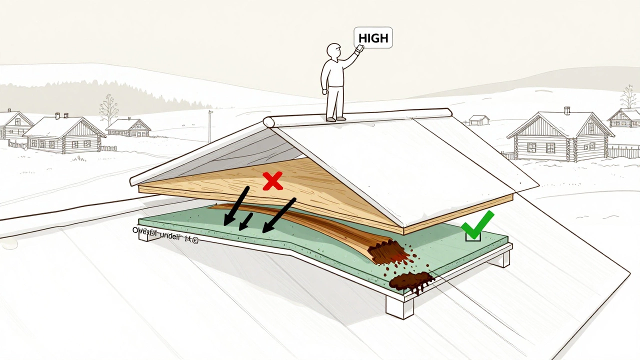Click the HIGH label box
point(373,38)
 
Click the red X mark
point(272,181)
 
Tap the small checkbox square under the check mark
point(473,235)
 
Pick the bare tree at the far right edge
point(628,97)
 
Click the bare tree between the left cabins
point(108,110)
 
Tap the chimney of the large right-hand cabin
point(567,110)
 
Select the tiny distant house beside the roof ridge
point(479,120)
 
